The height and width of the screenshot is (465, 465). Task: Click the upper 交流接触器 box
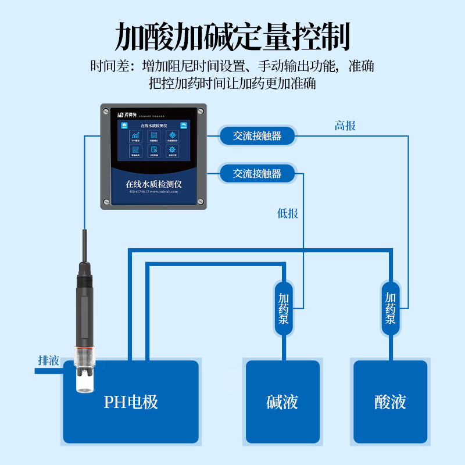(x=257, y=136)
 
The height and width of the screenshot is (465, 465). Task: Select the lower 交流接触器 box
(x=257, y=173)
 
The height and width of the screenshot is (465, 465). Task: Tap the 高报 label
(x=345, y=126)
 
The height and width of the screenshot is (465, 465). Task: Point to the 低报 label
(x=288, y=213)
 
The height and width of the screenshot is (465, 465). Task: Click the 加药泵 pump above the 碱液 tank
(x=284, y=309)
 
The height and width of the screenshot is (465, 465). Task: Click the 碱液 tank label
(x=282, y=402)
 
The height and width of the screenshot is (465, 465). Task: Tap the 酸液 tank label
(x=391, y=402)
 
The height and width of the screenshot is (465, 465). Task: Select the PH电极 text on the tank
(x=131, y=402)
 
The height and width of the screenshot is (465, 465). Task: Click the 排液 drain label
(x=49, y=360)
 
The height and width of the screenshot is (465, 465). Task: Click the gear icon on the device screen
(x=172, y=150)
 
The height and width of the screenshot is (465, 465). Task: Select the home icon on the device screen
(x=124, y=124)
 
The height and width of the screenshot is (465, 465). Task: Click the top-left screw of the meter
(x=106, y=109)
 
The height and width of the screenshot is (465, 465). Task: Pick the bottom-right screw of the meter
(x=201, y=202)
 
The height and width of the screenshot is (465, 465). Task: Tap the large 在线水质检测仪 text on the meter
(x=154, y=183)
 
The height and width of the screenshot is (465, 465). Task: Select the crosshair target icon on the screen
(x=172, y=135)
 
